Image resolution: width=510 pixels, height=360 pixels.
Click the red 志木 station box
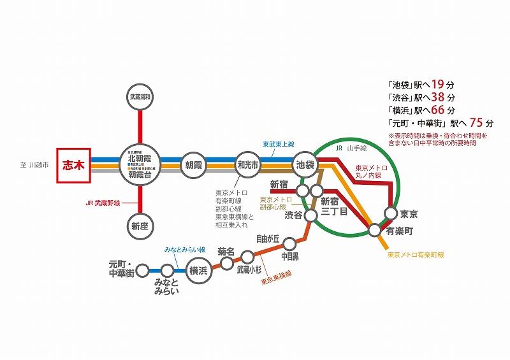[x=74, y=164]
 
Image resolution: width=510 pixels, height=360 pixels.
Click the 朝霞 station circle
[x=194, y=164]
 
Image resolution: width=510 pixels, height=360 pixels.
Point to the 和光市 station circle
[x=247, y=164]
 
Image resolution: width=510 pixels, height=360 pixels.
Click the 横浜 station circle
[x=198, y=271]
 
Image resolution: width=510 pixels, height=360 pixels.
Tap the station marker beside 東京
[x=391, y=214]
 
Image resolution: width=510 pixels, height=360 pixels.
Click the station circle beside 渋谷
[x=311, y=216]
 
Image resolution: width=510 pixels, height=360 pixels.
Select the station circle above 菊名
[x=227, y=263]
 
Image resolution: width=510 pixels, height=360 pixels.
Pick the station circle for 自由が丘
[x=289, y=243]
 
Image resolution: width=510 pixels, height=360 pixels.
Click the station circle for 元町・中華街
[x=142, y=271]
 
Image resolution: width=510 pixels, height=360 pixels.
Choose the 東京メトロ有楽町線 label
[x=415, y=255]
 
